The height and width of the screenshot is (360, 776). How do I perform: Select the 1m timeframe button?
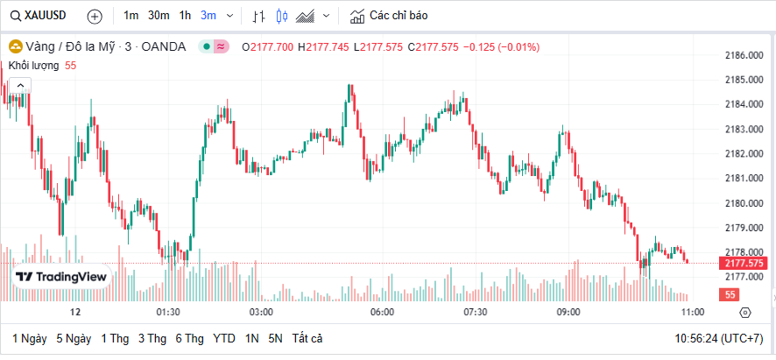[x=131, y=16]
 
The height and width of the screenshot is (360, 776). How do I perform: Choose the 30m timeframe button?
[x=159, y=16]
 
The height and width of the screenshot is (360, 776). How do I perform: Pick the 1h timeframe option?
[x=185, y=16]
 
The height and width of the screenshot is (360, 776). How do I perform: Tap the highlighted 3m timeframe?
[x=208, y=16]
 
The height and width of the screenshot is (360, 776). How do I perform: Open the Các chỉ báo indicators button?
[x=389, y=16]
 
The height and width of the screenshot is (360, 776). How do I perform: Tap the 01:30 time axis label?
[x=168, y=312]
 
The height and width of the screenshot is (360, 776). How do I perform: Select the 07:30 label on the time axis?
[x=475, y=312]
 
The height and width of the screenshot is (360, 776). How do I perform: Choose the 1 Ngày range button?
[x=29, y=338]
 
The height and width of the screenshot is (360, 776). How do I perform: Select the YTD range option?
[x=223, y=338]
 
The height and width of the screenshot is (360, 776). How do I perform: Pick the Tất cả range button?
[x=307, y=338]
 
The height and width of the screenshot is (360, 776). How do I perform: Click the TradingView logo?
[x=61, y=277]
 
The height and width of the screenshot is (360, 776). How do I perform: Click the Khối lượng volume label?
[x=33, y=66]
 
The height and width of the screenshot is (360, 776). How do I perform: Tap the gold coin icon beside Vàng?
[x=14, y=46]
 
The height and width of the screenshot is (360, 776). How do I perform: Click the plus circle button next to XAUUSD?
[x=95, y=16]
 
